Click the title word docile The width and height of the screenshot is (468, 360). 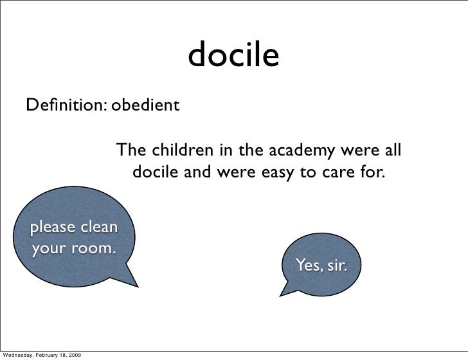coord(234,57)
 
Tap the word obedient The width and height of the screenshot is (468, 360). coord(145,104)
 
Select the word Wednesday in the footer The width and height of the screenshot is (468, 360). coord(20,354)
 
